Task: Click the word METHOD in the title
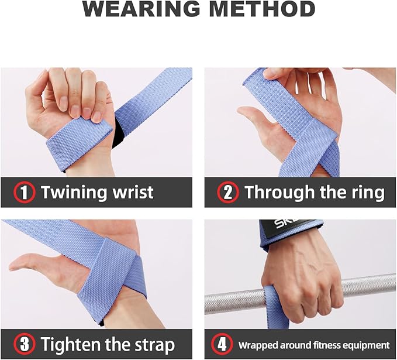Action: click(263, 10)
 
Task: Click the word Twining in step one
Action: click(73, 193)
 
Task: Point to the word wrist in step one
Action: click(132, 192)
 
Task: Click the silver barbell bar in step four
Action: click(368, 287)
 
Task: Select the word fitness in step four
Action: click(330, 345)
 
